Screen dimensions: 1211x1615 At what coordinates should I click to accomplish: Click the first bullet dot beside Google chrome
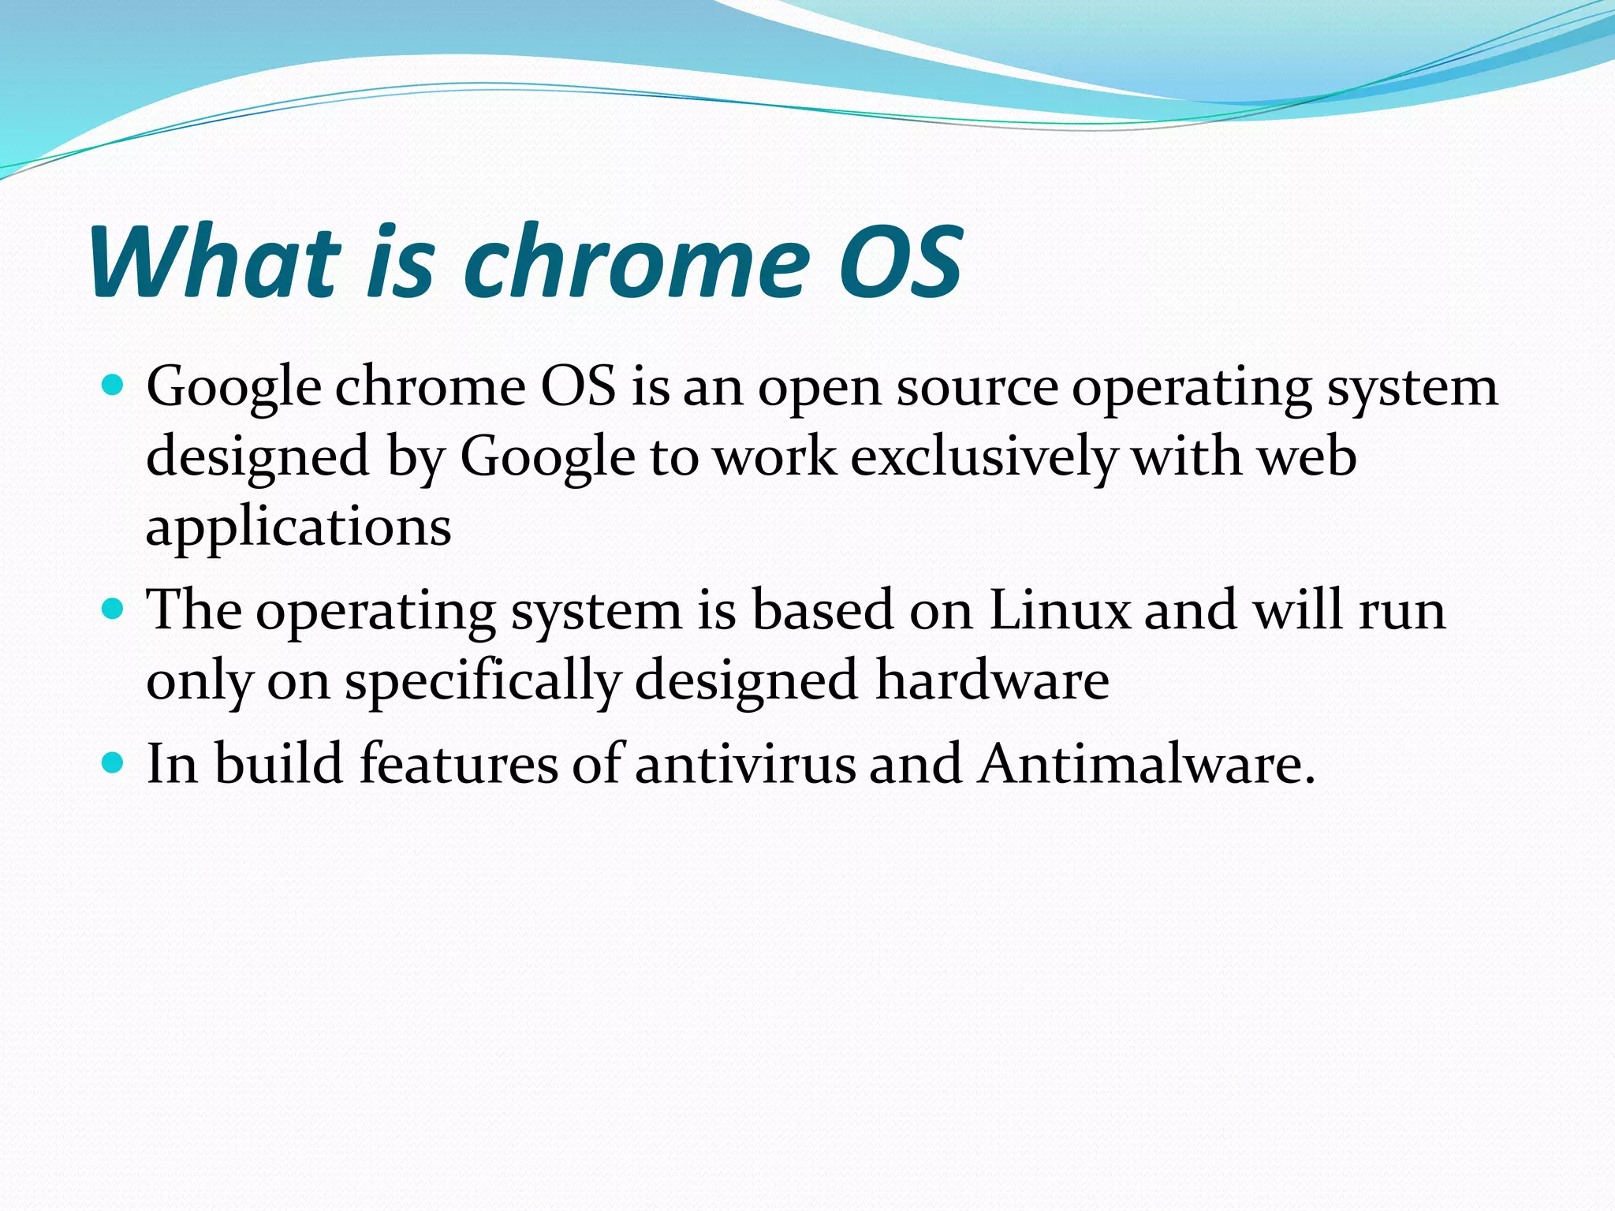click(x=114, y=386)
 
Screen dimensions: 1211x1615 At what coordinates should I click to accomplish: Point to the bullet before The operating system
click(x=114, y=609)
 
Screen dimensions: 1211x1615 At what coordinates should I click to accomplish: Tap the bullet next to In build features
click(x=114, y=762)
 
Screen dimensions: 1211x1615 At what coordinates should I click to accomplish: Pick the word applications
click(x=299, y=527)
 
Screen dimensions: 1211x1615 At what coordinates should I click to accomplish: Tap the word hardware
click(x=992, y=680)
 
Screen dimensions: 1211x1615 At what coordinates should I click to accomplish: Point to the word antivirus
click(x=744, y=763)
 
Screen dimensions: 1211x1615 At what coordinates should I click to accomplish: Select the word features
click(x=458, y=763)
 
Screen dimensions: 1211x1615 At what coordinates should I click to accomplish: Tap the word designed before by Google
click(x=258, y=458)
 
